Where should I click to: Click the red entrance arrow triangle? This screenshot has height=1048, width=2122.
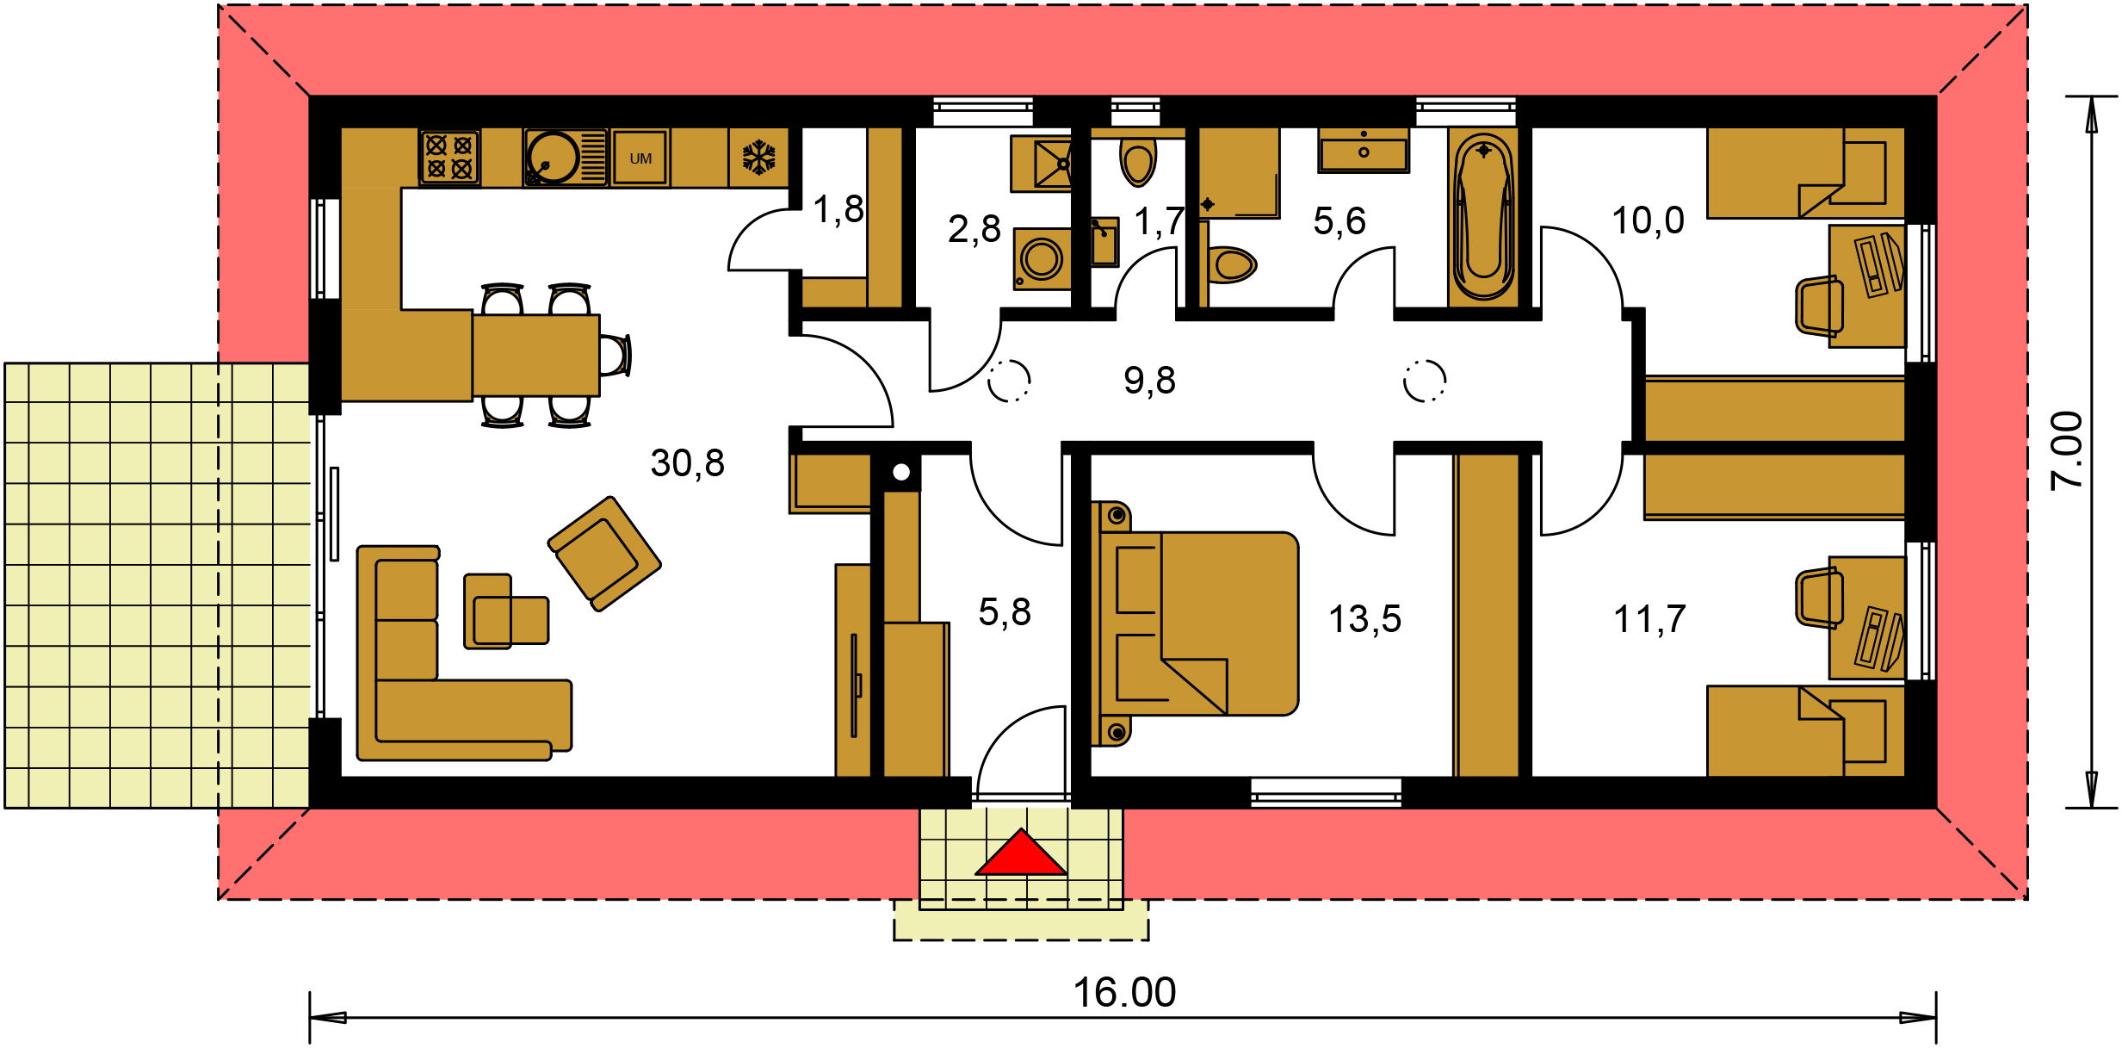tap(1021, 853)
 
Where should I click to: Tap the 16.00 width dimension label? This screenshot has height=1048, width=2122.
tap(1124, 993)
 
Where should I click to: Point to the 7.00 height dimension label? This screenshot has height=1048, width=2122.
tap(2067, 450)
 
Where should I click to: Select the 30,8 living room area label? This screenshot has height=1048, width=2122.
tap(687, 463)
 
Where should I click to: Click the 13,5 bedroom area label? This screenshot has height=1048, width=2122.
tap(1364, 619)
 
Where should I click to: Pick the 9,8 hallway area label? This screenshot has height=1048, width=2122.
tap(1149, 380)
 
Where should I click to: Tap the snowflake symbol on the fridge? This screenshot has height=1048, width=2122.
tap(758, 158)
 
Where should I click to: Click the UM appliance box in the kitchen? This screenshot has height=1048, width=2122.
tap(640, 158)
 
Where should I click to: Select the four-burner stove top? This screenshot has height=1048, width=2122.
tap(449, 158)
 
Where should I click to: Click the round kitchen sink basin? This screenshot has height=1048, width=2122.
tap(553, 158)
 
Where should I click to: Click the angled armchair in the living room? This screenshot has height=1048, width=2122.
tap(604, 554)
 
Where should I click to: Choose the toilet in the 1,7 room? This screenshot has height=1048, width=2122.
tap(1138, 160)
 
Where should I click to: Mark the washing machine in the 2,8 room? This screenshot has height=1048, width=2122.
tap(1042, 258)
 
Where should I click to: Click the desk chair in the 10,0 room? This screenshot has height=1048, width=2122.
tap(1819, 306)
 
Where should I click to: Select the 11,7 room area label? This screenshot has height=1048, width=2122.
tap(1649, 619)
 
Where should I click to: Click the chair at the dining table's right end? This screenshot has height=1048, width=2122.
tap(615, 355)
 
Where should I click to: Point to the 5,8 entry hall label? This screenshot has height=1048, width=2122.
tap(1005, 612)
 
